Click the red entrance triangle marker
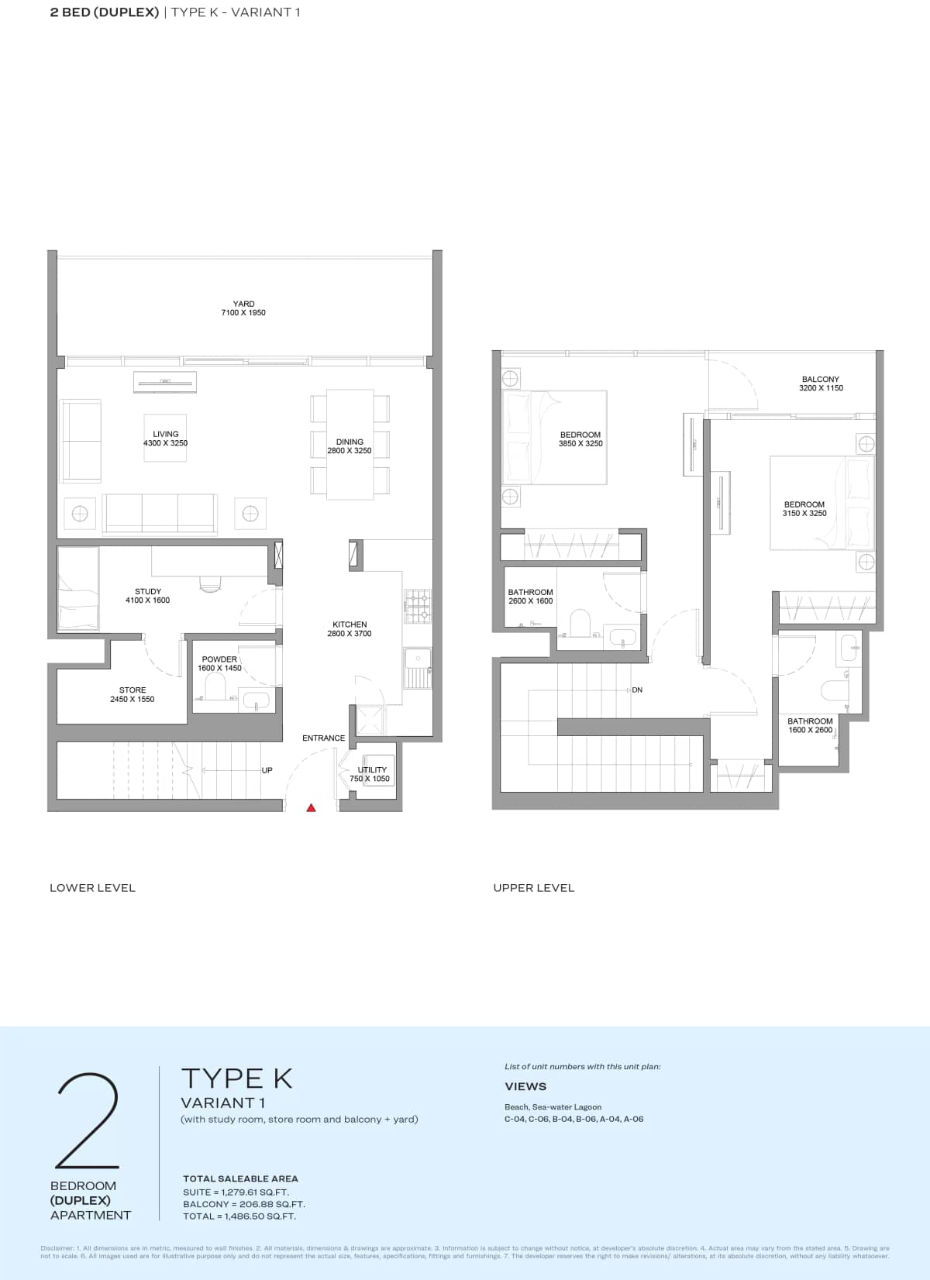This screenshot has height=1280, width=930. tap(311, 808)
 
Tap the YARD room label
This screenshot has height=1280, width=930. tap(243, 304)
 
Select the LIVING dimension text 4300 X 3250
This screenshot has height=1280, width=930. tap(165, 443)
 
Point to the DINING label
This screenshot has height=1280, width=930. tap(350, 442)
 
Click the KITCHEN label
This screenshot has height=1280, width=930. tap(350, 624)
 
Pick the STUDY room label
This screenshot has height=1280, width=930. tap(148, 591)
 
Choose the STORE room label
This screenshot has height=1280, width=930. tap(133, 690)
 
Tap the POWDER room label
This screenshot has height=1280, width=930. tap(219, 659)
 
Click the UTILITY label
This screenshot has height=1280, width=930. tap(372, 769)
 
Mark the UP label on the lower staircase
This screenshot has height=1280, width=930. tap(267, 770)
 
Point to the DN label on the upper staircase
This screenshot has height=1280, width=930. tap(637, 690)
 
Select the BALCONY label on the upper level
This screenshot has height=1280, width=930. tap(821, 380)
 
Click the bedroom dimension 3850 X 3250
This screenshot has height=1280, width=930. tap(580, 444)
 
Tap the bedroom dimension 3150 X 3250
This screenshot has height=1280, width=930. tap(804, 513)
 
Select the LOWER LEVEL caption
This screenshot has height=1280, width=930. tap(92, 888)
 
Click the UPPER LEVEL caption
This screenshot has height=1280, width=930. tap(534, 888)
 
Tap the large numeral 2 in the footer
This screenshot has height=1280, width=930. tap(88, 1121)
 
